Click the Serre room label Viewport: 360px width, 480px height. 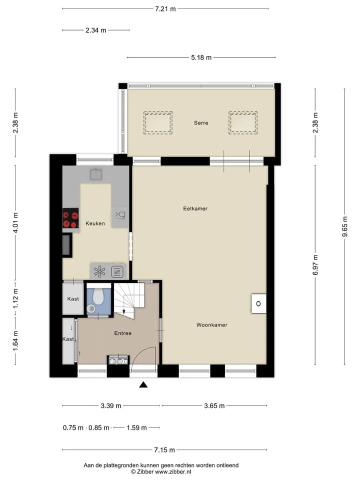(x=201, y=123)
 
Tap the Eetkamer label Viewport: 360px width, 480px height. (x=195, y=208)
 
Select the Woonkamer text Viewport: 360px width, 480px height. (x=212, y=325)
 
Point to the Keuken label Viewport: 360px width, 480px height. (x=95, y=223)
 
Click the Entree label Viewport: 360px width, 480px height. (x=123, y=333)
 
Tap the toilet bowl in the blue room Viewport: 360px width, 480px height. (x=98, y=296)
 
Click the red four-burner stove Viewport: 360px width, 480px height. (x=70, y=218)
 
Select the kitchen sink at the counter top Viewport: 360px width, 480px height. (x=96, y=174)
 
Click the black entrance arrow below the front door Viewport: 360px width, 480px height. (x=143, y=384)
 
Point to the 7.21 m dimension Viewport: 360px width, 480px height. (x=165, y=9)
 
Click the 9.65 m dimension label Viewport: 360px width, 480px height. (x=344, y=226)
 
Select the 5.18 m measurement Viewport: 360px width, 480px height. (x=201, y=57)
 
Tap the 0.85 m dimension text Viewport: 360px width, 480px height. (x=99, y=427)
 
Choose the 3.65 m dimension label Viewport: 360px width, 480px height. (x=214, y=406)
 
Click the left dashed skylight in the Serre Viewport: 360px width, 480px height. (x=158, y=123)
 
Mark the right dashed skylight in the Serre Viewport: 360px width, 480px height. (x=243, y=123)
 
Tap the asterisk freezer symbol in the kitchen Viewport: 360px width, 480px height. (x=100, y=271)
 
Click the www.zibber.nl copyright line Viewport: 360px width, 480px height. (x=161, y=472)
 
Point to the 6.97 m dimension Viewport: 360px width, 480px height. (x=315, y=265)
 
